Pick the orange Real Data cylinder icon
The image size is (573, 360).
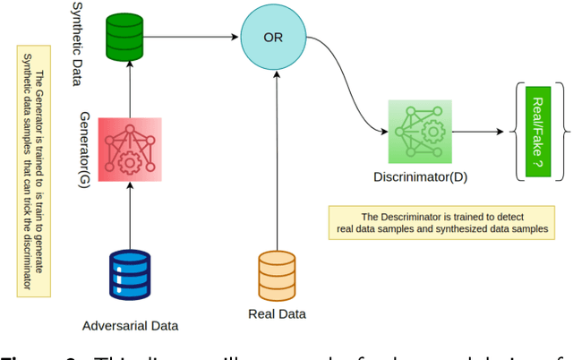pyautogui.click(x=277, y=274)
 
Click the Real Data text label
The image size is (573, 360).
pyautogui.click(x=277, y=314)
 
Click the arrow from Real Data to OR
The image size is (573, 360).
pyautogui.click(x=277, y=161)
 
